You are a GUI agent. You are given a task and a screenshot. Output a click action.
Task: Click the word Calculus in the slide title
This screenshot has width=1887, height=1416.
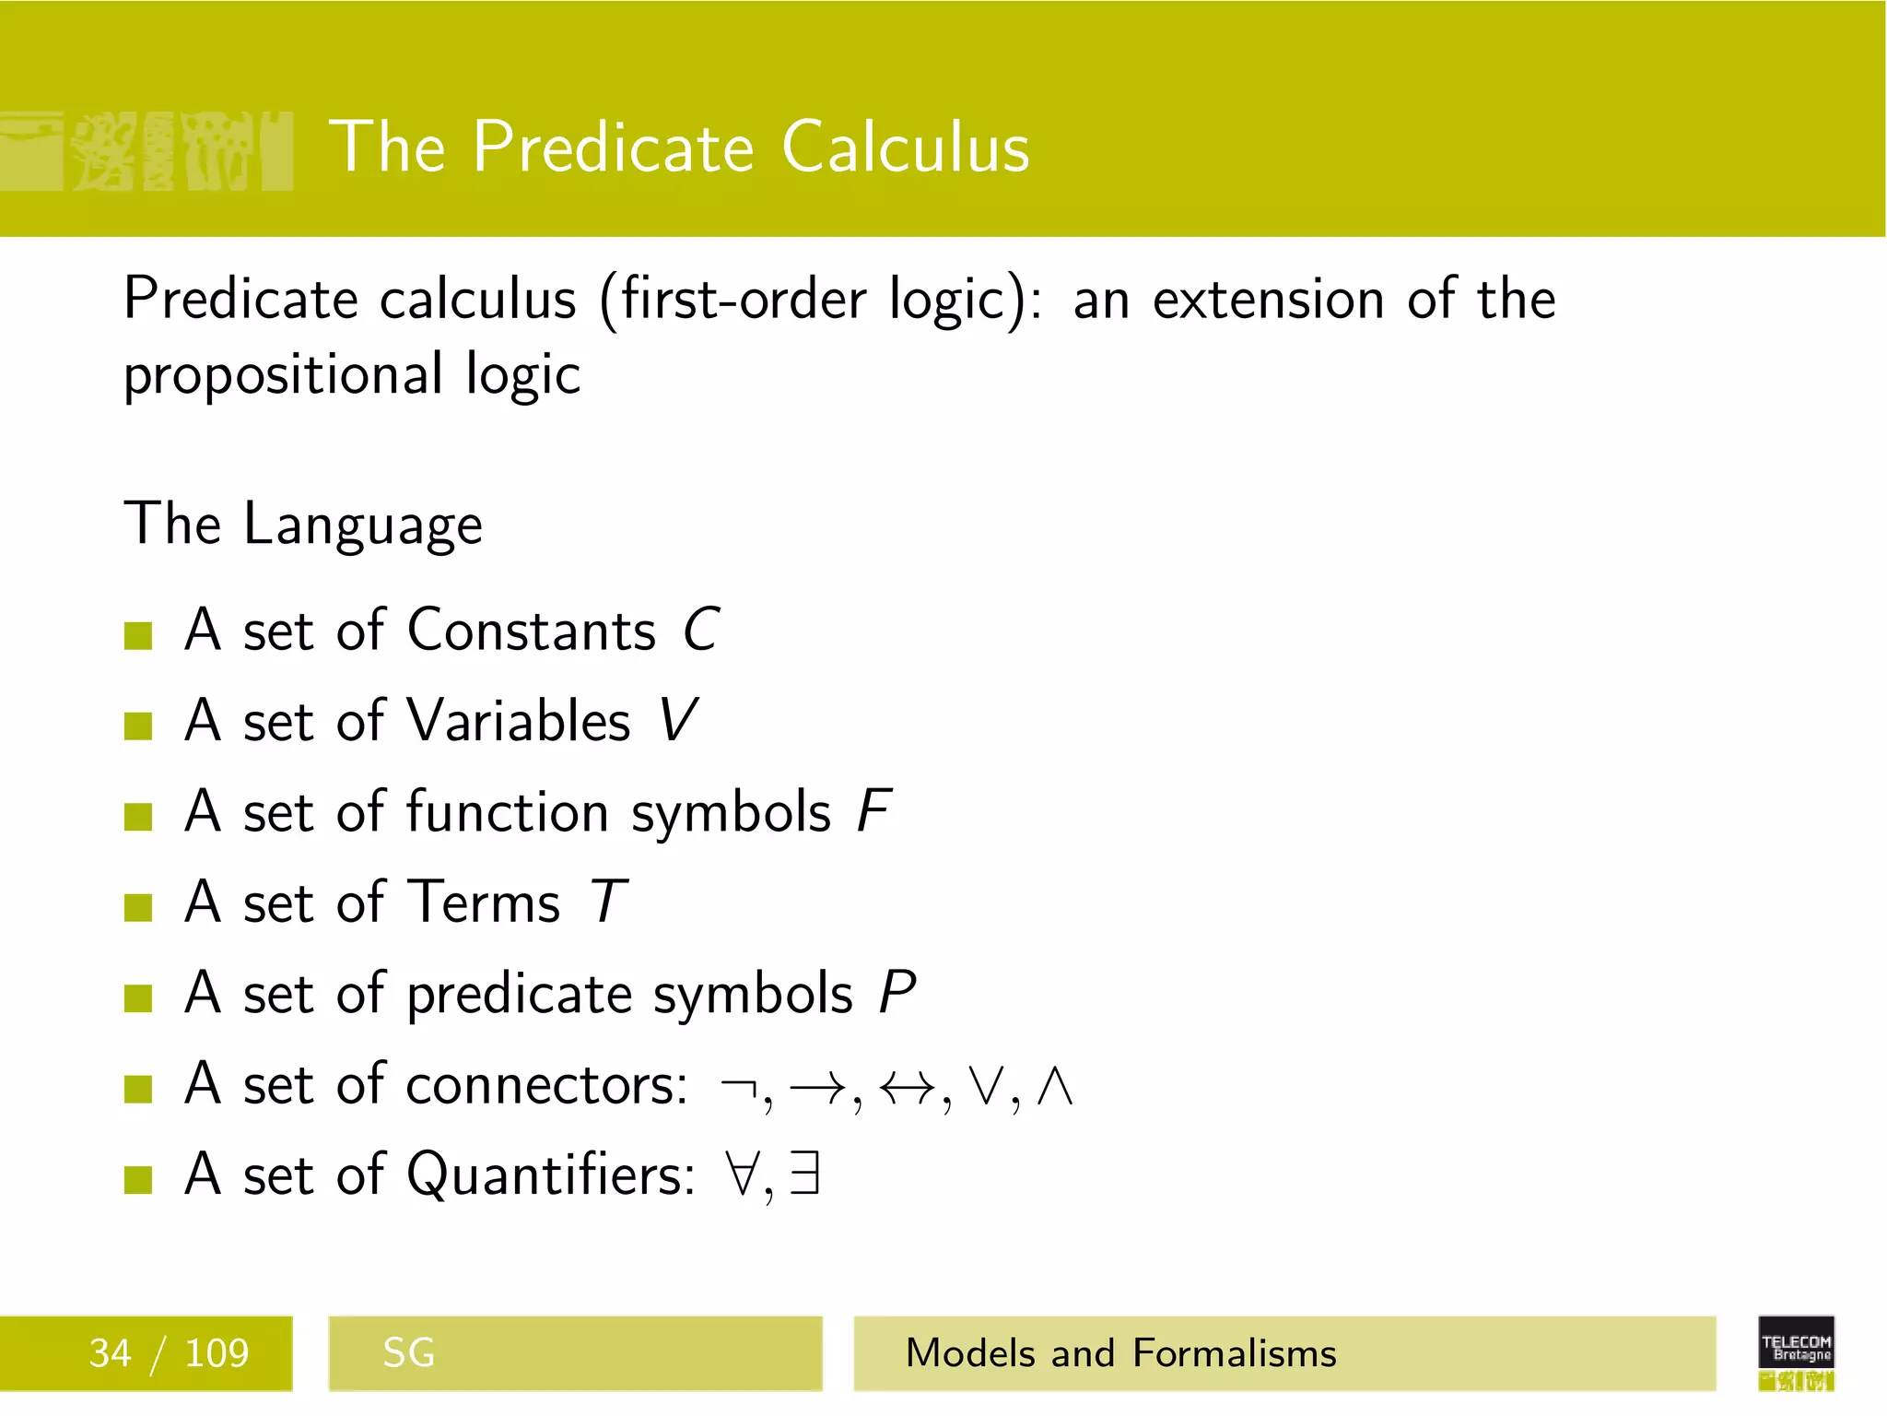[x=906, y=147]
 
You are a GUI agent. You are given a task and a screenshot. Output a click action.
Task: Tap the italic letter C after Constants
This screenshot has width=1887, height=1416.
[x=701, y=631]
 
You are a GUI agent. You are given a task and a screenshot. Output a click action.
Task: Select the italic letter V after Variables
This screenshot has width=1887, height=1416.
[x=678, y=721]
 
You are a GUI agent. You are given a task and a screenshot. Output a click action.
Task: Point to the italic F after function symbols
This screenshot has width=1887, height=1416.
[x=873, y=811]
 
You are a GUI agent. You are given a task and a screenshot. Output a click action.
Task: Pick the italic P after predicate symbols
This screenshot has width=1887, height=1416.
[x=897, y=993]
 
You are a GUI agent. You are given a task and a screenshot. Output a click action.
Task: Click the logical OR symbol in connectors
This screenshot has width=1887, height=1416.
[x=985, y=1087]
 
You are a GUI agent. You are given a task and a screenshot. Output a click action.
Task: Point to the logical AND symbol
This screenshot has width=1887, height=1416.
[x=1054, y=1087]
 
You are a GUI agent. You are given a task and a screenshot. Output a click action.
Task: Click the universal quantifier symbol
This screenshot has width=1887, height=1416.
[x=743, y=1175]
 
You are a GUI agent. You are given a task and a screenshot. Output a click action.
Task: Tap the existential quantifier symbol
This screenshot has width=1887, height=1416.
[x=804, y=1175]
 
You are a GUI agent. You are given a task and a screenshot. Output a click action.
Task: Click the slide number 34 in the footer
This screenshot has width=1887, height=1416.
[x=110, y=1353]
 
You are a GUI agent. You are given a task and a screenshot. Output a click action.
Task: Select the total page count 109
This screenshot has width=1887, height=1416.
[x=217, y=1353]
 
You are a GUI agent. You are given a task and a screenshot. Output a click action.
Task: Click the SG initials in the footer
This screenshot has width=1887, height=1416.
[x=408, y=1353]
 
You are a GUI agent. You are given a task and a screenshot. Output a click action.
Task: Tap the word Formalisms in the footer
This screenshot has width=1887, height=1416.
[x=1234, y=1353]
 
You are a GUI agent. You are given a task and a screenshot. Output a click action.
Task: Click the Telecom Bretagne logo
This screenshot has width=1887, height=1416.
[x=1796, y=1352]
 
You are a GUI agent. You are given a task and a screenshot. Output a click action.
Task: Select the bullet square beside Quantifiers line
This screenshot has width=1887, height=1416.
[x=138, y=1179]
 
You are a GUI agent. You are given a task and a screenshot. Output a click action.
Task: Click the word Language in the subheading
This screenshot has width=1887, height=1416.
[x=362, y=525]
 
